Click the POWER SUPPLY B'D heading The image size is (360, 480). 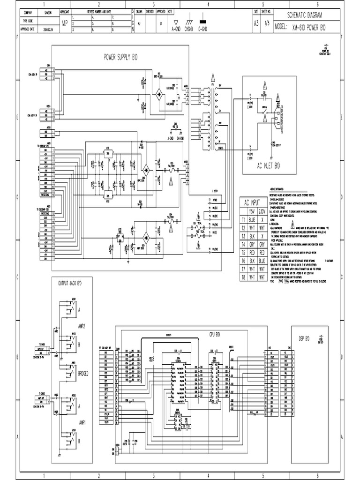(x=120, y=57)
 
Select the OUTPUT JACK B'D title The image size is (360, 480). (x=69, y=283)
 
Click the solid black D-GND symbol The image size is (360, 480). (x=203, y=22)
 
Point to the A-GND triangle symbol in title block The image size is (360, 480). (x=176, y=22)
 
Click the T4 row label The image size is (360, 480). (x=243, y=244)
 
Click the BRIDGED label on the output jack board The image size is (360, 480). (x=83, y=373)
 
